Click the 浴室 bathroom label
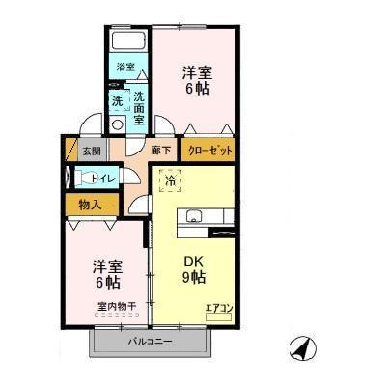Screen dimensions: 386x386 tap(125, 67)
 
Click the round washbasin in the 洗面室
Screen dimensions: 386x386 tap(118, 124)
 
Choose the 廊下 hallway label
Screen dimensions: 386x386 tap(160, 151)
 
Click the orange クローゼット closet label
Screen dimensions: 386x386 tap(207, 152)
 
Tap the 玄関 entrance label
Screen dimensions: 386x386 tap(90, 151)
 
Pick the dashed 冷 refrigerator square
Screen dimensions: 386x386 tap(170, 180)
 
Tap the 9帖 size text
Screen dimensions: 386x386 tap(193, 278)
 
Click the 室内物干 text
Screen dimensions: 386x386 tap(116, 307)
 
